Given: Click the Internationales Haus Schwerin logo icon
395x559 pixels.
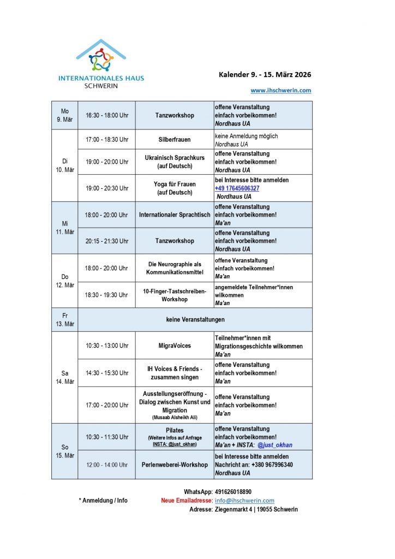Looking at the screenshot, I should click(x=101, y=56).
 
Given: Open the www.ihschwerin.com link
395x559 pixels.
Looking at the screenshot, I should click(x=280, y=91).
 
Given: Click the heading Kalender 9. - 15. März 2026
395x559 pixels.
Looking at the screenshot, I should click(x=265, y=75).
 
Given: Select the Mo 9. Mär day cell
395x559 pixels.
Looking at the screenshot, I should click(x=64, y=115).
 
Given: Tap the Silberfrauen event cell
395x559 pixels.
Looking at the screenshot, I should click(x=175, y=140).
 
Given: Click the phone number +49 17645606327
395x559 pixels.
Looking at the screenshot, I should click(x=237, y=188).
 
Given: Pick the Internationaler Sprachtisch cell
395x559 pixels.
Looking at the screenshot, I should click(x=175, y=215).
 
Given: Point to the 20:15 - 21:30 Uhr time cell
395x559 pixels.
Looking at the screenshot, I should click(x=107, y=241).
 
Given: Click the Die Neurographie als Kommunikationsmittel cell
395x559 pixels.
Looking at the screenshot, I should click(x=175, y=268).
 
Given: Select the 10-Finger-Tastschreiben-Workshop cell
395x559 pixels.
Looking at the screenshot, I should click(x=175, y=295).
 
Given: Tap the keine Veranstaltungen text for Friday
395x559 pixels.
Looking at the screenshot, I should click(x=195, y=319).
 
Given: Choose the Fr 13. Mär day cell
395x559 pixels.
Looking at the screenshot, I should click(x=64, y=319).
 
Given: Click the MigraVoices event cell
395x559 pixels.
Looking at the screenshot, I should click(x=175, y=346).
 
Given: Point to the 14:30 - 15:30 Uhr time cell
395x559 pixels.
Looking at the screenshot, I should click(x=107, y=373).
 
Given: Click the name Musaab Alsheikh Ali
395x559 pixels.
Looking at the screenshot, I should click(x=175, y=418).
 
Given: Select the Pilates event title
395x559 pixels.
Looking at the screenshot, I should click(x=175, y=430).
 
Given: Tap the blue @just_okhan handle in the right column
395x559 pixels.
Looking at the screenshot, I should click(x=275, y=445).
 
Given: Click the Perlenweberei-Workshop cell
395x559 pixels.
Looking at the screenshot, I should click(x=175, y=465).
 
